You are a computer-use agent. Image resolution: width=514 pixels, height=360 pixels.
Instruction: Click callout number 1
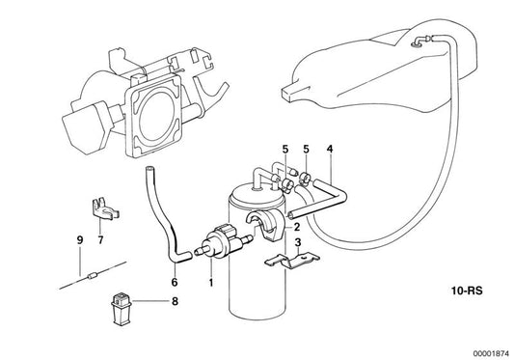210,283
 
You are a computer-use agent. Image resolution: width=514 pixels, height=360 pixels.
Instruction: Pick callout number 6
175,283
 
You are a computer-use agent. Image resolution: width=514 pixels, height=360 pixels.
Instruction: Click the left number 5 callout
285,149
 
